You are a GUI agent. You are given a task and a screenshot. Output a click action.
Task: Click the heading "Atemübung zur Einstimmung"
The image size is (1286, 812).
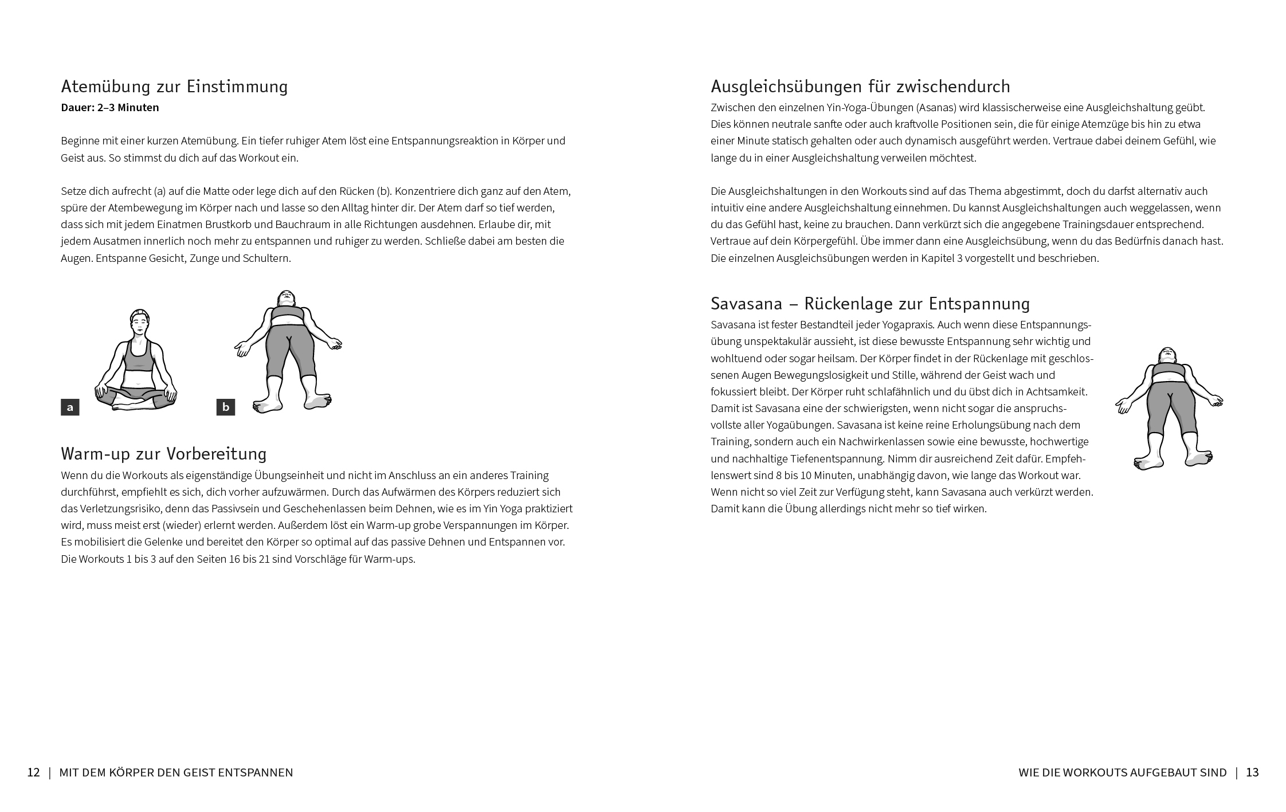click(x=174, y=87)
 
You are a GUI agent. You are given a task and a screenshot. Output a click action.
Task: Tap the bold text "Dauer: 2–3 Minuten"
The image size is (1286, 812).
click(x=110, y=108)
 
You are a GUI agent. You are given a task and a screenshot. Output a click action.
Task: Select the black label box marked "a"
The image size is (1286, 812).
click(x=70, y=407)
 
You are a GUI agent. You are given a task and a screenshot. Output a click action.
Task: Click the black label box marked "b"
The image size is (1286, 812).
click(x=226, y=407)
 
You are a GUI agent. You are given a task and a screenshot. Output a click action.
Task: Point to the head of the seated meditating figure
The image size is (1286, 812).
click(x=139, y=321)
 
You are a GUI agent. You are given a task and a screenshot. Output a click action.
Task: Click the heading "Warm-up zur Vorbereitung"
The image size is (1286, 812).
click(x=164, y=454)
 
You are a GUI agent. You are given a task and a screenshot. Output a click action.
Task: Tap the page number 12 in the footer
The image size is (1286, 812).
click(x=34, y=772)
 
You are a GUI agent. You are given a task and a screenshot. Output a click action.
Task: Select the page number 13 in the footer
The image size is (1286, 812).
click(x=1252, y=772)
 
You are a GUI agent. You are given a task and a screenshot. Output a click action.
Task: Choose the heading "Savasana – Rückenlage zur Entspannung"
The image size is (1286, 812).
click(x=870, y=303)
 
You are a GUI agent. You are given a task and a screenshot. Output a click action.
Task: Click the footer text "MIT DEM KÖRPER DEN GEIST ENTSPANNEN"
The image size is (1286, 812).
click(x=176, y=772)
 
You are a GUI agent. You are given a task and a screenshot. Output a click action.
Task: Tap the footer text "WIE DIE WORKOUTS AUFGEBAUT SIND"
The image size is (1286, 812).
click(x=1122, y=772)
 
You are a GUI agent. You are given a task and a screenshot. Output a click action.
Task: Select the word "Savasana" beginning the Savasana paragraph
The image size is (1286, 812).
click(x=732, y=325)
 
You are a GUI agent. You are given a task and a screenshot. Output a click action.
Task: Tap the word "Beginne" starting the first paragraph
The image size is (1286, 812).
click(x=79, y=141)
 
